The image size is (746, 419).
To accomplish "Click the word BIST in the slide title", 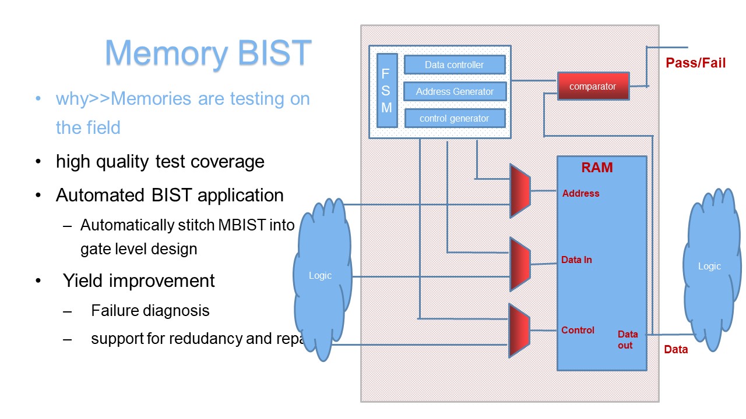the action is point(275,52).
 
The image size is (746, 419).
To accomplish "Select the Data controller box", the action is point(455,65).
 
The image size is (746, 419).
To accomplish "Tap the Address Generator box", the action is point(455,91).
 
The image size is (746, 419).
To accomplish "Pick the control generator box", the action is point(455,118).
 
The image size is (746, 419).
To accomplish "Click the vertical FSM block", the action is point(387,90).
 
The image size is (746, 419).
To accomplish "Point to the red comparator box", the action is point(593,86).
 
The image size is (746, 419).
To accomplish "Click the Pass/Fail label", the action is point(695,63).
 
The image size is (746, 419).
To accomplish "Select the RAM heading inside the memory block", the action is point(597,167).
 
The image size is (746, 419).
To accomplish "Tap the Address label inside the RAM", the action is point(581,193).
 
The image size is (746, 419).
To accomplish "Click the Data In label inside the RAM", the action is point(576,260).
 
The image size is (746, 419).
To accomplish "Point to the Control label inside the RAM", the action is point(578,330).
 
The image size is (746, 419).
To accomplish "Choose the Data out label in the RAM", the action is point(628,339).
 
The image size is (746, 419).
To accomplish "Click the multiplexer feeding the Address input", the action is point(520,191).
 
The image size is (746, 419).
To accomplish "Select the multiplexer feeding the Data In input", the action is point(520,264).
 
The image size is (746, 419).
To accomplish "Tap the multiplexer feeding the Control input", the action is point(519,331).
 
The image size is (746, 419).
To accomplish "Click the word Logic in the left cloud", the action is point(320,275).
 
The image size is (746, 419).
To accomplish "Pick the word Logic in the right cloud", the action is point(709,266).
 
